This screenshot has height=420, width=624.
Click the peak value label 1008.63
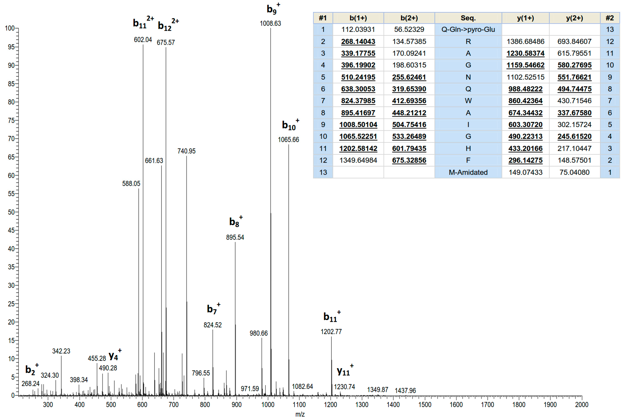pos(270,24)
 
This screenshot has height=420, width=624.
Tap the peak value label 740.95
pos(186,151)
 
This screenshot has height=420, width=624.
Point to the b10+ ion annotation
pos(290,125)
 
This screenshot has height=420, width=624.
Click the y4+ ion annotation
pos(115,356)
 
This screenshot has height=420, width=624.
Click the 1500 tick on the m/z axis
pos(425,404)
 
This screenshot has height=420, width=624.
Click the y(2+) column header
pos(574,18)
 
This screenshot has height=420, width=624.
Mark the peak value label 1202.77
pos(331,332)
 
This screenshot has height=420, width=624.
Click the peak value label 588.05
pos(131,183)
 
